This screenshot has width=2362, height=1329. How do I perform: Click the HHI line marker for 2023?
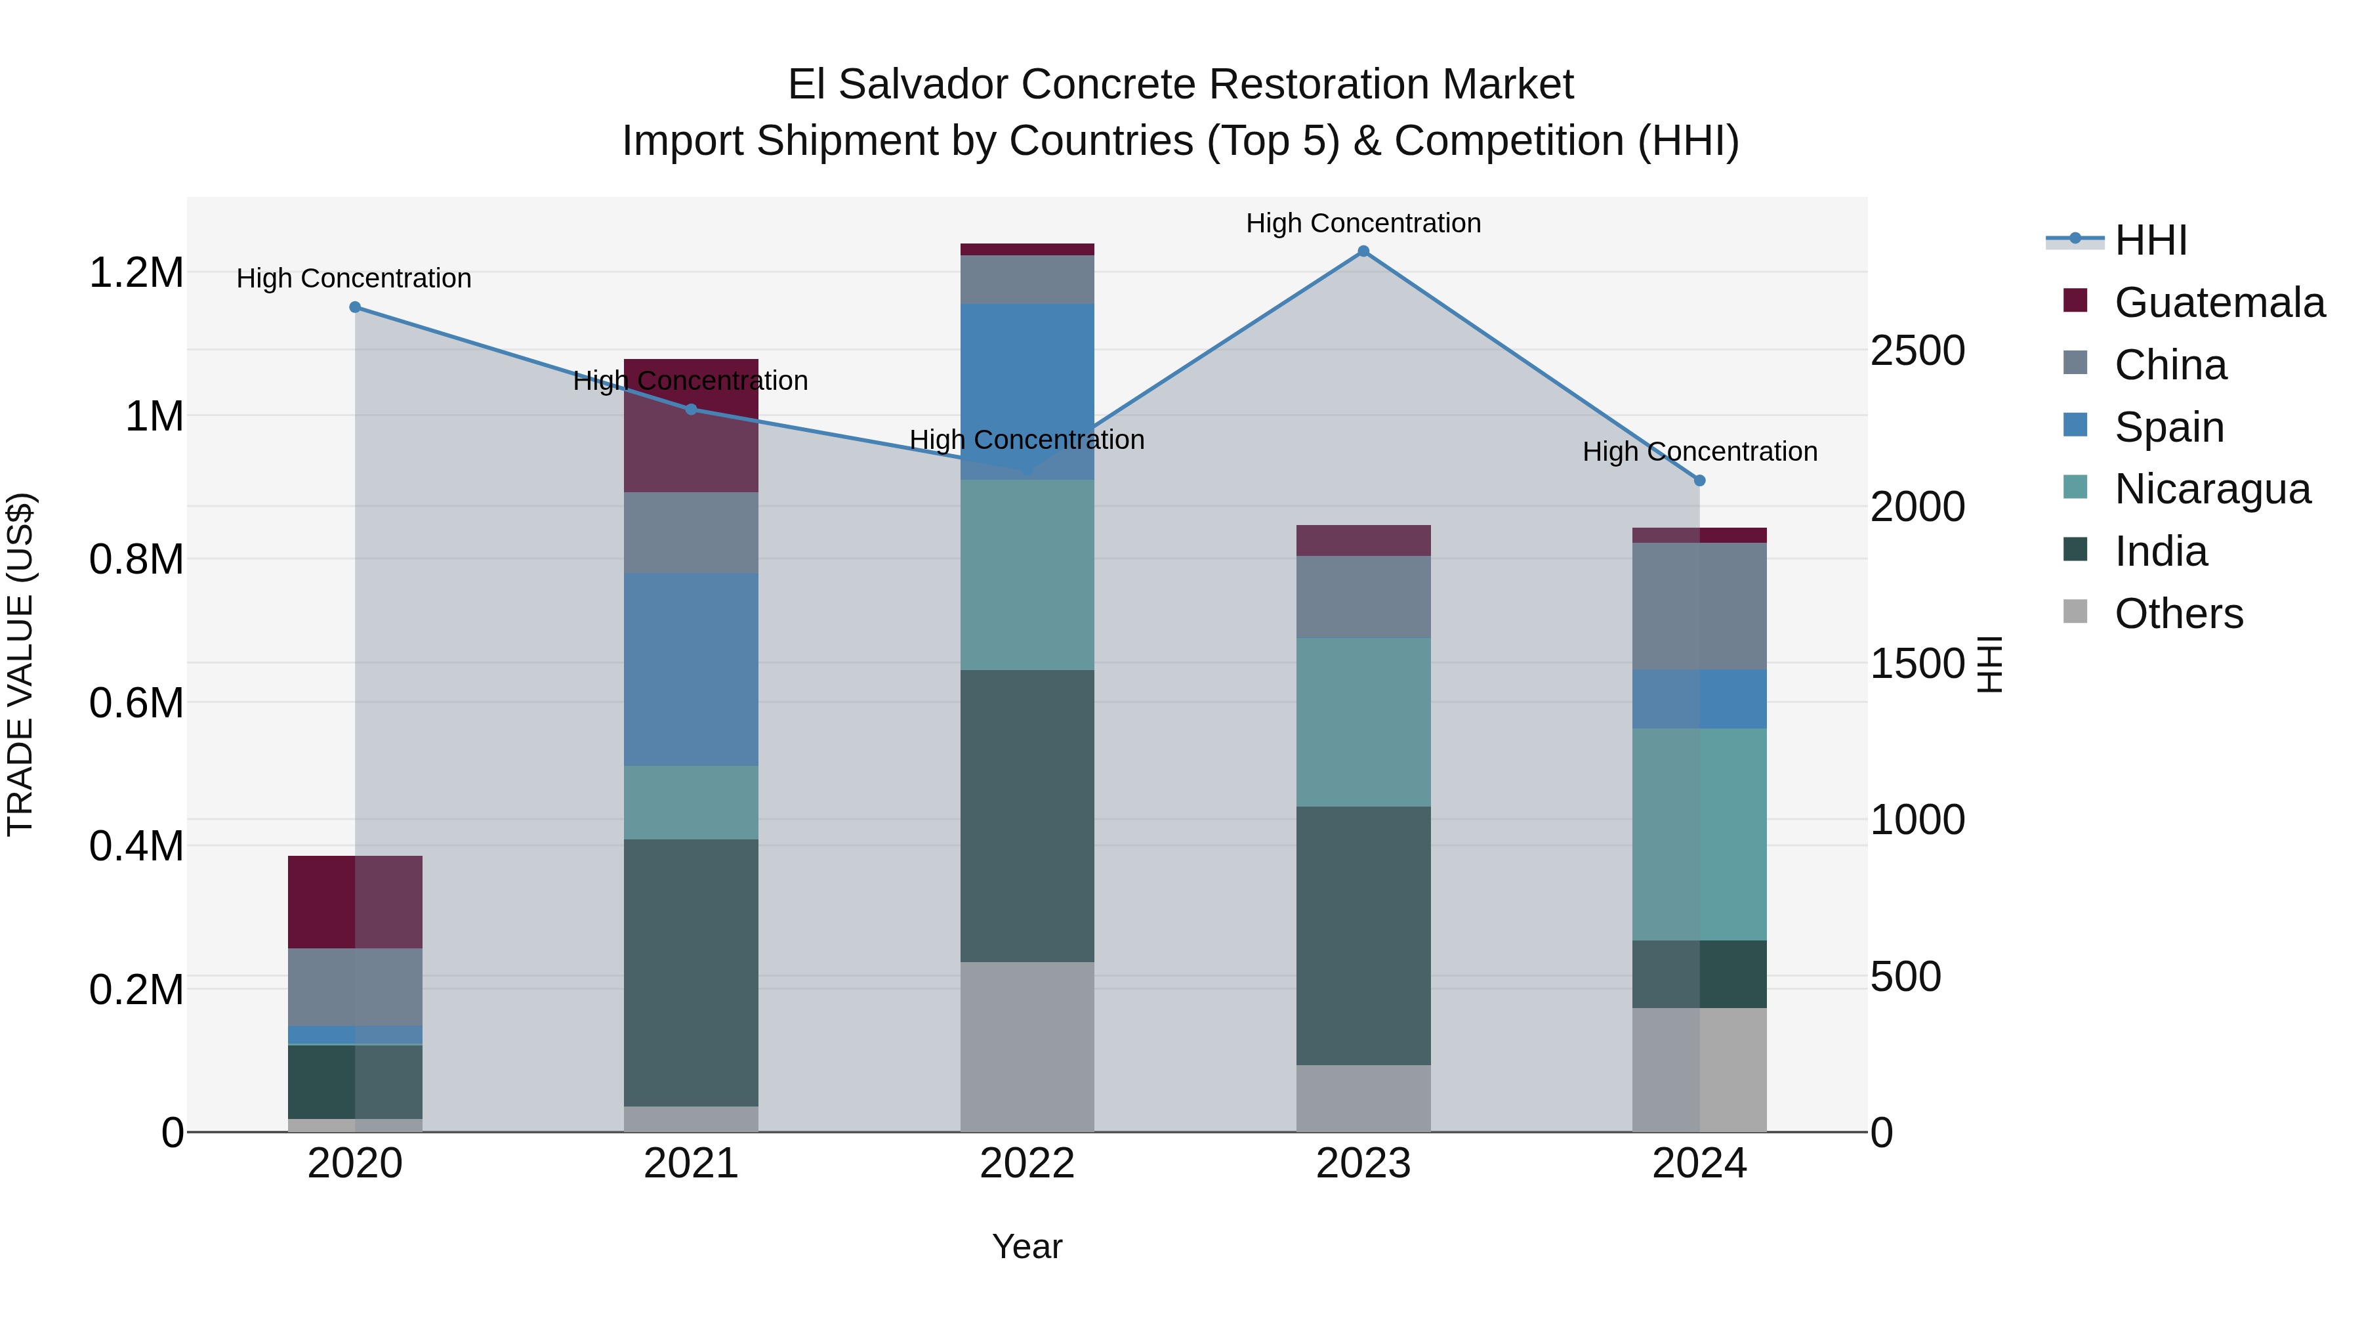pos(1363,251)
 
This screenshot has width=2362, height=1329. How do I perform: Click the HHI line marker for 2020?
pos(355,307)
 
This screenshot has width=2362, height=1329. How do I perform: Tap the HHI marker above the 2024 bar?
pos(1699,480)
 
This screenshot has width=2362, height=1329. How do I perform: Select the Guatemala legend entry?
pos(2219,303)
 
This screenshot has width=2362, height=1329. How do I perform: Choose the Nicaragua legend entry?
pos(2212,489)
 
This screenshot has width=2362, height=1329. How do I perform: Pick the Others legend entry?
pos(2178,614)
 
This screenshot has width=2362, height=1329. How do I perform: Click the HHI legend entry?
pos(2150,240)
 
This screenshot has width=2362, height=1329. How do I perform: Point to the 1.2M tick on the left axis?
pos(136,273)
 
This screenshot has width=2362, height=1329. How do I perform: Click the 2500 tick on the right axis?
pos(1917,350)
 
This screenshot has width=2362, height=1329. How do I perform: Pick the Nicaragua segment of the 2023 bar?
pos(1363,722)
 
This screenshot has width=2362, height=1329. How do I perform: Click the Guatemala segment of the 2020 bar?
pos(355,902)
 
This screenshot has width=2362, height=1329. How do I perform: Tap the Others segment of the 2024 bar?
pos(1699,1070)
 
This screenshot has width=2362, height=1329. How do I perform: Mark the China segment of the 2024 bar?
pos(1699,606)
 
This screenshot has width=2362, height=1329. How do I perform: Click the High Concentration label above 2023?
pos(1363,223)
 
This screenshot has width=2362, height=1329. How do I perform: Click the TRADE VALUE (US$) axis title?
pos(20,664)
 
